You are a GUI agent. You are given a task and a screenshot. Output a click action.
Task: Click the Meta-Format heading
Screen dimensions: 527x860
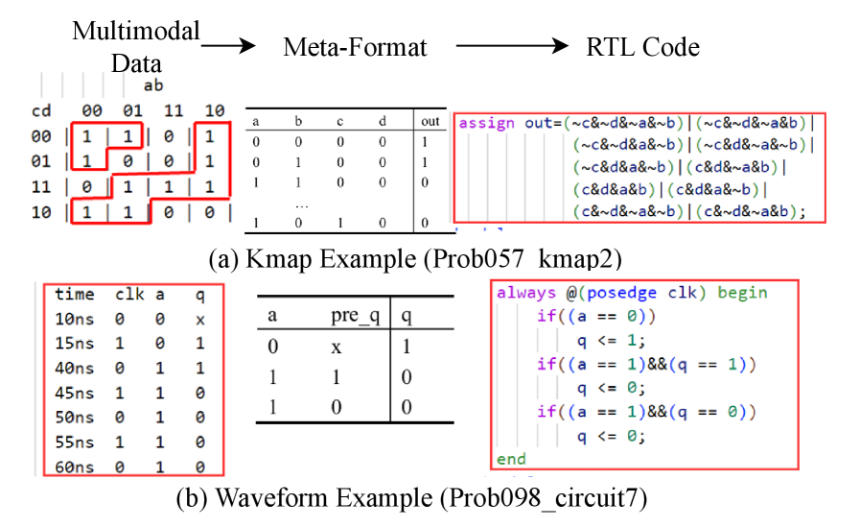356,46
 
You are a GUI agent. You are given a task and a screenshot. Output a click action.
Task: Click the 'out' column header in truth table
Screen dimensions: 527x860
430,122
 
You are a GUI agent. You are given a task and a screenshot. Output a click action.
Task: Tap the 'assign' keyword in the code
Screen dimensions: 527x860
484,123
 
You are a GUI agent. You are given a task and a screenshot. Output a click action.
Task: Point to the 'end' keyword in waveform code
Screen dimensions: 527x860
511,459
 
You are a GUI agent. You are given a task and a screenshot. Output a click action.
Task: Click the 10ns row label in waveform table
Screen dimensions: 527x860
74,317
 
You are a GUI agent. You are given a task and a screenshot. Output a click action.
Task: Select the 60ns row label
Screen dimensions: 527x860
74,467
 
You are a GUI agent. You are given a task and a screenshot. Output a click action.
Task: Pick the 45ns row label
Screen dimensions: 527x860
74,392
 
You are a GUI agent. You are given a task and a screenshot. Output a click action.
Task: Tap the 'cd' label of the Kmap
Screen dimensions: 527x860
41,112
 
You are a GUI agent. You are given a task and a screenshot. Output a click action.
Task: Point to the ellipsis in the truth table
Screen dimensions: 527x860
299,204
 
